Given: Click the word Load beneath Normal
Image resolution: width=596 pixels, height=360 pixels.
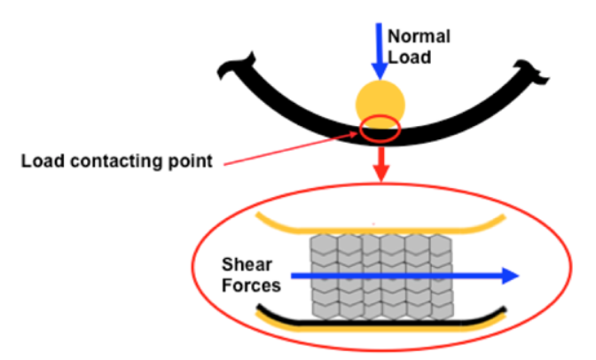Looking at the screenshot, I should [x=408, y=59].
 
